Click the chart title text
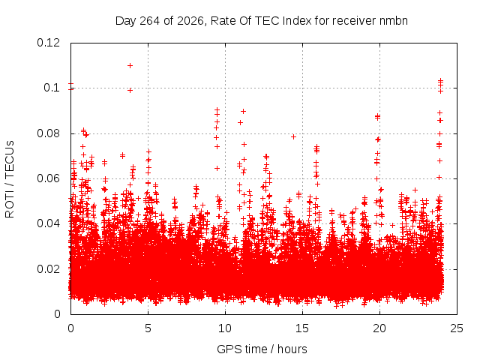coord(262,21)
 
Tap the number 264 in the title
coord(150,21)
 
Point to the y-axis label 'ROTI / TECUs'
coord(10,179)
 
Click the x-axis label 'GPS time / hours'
coord(262,349)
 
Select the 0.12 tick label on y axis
coord(48,43)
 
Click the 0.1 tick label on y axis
coord(52,88)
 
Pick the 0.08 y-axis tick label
coord(48,133)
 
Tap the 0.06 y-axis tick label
coord(48,178)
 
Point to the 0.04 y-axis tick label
coord(48,223)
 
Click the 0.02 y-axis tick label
coord(48,269)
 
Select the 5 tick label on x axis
coord(148,328)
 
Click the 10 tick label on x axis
coord(225,328)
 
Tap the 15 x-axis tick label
coord(302,328)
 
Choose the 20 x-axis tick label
coord(379,328)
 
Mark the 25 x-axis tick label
coord(457,328)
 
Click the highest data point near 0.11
coord(130,65)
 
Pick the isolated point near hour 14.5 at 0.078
coord(293,136)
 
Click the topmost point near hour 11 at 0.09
coord(243,112)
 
